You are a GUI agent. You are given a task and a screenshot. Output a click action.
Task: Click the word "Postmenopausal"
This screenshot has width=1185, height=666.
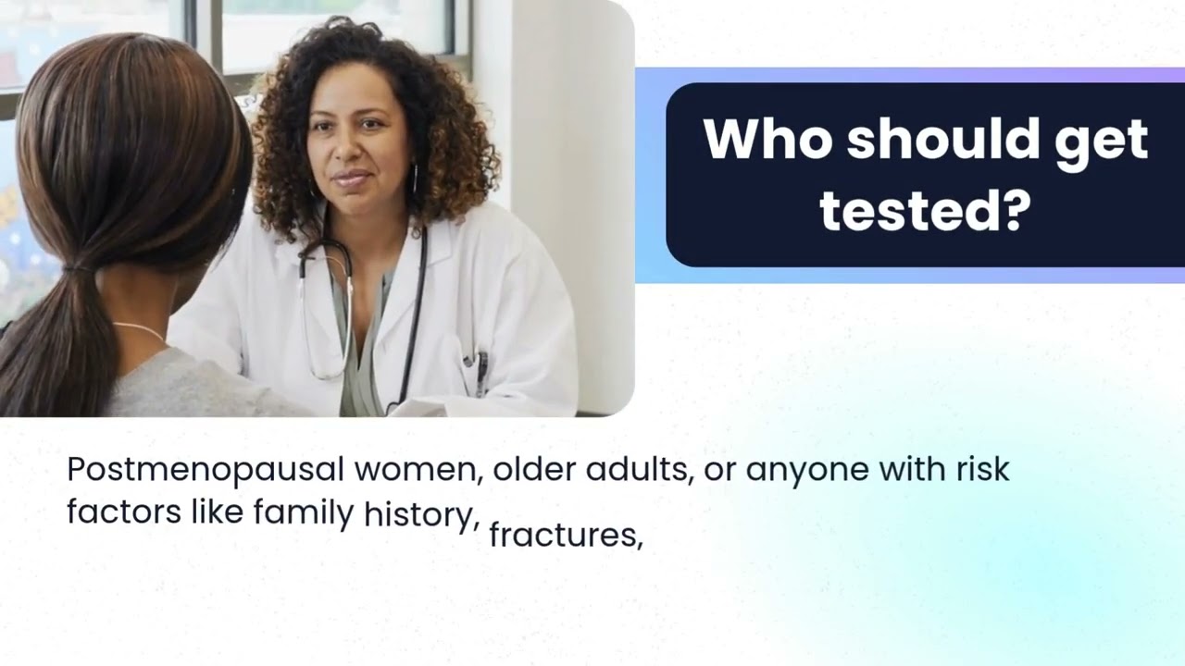205,470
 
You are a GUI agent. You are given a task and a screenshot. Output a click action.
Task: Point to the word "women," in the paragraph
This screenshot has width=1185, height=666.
419,470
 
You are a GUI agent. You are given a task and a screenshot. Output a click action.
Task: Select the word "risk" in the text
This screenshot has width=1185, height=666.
982,470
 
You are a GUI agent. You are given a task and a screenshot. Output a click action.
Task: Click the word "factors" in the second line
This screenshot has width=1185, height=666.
124,512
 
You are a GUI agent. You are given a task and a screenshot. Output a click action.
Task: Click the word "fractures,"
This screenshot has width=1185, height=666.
566,535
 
